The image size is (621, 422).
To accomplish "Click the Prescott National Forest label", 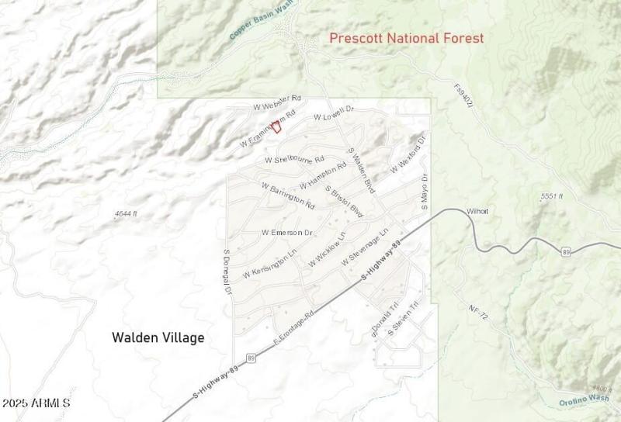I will pos(406,37).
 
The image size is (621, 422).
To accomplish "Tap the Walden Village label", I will pos(158,337).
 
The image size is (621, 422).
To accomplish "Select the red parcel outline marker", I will pos(276,126).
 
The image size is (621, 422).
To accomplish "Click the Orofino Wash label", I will pos(583,400).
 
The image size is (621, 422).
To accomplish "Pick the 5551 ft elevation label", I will pos(552,197).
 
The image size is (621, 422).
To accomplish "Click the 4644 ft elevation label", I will pos(125,213).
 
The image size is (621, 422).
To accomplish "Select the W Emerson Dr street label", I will pos(286,233).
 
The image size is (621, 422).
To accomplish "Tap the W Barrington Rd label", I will pos(288,196).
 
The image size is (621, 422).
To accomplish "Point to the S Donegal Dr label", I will pos(227,272).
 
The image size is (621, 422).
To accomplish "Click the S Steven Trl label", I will pos(404,318).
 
